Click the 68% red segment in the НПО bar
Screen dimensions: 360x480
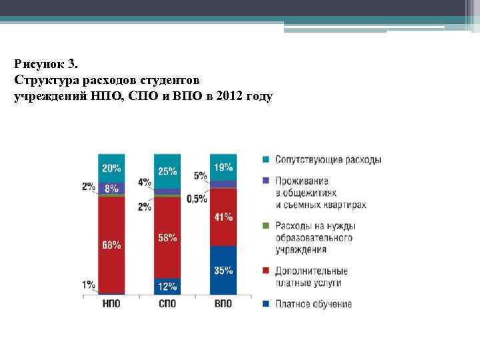pos(111,245)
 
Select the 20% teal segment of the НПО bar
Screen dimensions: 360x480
pos(111,167)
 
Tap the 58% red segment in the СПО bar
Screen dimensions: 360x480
pos(167,237)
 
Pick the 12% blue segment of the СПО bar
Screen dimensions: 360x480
pos(167,286)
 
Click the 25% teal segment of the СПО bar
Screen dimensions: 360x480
pos(167,171)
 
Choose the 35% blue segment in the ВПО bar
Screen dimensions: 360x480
pos(223,270)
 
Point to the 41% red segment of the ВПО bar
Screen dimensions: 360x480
pos(223,217)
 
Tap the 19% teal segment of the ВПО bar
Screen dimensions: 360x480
pos(223,167)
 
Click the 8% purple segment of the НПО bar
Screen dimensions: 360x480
pos(111,188)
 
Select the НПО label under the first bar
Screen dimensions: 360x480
pos(111,304)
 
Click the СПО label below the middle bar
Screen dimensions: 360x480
pos(167,304)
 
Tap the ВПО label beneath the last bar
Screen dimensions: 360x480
pos(223,304)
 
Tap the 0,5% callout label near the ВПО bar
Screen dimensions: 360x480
pos(197,199)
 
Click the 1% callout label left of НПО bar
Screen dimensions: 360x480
pos(89,285)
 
